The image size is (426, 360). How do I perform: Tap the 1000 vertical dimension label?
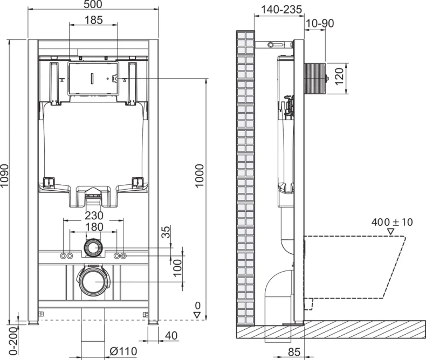200,175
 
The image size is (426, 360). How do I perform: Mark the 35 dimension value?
167,233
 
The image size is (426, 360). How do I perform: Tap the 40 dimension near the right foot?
171,336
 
